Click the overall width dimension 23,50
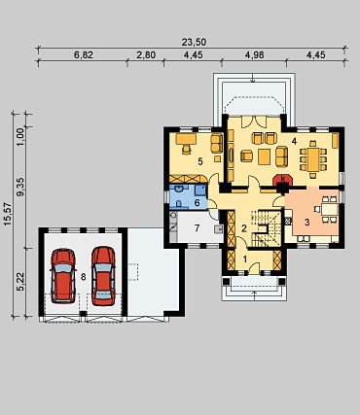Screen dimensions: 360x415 tap(194, 42)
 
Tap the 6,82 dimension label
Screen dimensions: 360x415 tap(84, 55)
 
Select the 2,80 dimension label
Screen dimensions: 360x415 tap(146, 55)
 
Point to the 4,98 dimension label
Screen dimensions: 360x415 tap(255, 55)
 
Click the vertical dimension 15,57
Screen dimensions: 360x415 tap(7, 214)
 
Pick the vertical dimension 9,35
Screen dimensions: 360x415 tap(20, 189)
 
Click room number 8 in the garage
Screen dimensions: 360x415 tap(84, 277)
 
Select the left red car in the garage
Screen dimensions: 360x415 tap(63, 276)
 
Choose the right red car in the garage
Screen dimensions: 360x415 tap(103, 276)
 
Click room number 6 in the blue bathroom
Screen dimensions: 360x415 tap(197, 203)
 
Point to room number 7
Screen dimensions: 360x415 tap(197, 228)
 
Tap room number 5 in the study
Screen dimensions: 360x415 tap(200, 161)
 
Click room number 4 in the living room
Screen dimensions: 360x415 tap(294, 141)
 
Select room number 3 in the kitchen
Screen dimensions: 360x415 tap(306, 223)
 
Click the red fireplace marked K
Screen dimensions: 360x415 tap(283, 180)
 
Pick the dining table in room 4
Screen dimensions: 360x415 tap(313, 159)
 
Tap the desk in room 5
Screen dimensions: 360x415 tap(186, 139)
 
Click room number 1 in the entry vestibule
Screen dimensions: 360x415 tap(245, 259)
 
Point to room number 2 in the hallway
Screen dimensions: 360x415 tap(244, 228)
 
